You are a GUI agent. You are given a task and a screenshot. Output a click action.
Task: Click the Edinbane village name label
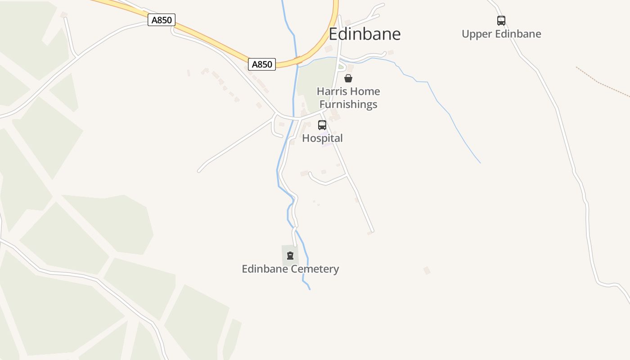(364, 34)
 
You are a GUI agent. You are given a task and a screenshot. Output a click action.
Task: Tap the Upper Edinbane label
(501, 34)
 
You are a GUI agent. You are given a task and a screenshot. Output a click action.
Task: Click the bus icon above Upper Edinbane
(501, 21)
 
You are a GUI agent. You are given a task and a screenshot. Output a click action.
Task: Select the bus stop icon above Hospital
(322, 125)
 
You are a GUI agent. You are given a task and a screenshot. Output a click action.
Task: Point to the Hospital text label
(322, 138)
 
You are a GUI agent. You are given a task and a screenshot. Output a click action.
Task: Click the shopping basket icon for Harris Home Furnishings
(348, 78)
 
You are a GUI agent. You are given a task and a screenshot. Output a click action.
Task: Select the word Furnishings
(348, 104)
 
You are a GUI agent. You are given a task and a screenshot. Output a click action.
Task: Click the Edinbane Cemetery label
(290, 269)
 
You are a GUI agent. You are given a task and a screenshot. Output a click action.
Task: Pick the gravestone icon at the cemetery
(290, 256)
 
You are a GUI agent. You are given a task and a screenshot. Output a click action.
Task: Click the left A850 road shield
(162, 20)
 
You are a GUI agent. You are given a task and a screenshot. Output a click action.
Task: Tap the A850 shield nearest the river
(262, 64)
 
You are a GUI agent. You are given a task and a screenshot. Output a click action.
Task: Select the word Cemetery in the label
(315, 269)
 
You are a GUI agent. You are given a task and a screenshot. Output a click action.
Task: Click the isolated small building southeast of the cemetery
(427, 270)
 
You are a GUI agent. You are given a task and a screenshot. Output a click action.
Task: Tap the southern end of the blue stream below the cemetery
(310, 288)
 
